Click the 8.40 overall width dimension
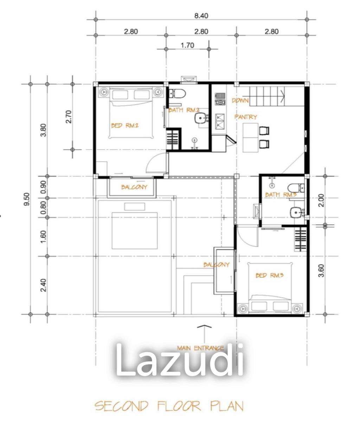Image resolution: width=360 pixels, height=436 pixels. pos(201,15)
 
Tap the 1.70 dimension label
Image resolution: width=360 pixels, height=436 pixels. pos(187,45)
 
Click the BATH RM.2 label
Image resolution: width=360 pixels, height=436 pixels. pos(184,110)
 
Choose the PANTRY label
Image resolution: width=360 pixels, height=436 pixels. pos(246,117)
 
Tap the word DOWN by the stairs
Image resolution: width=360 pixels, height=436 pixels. pos(240,100)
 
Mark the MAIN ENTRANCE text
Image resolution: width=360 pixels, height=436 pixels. pos(200,348)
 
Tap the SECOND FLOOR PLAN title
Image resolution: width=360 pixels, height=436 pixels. pos(169,406)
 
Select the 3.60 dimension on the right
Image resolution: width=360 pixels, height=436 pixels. pos(320,271)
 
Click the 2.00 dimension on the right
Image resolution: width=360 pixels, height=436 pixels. pos(320,200)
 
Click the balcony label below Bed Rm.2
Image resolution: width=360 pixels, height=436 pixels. pos(134,187)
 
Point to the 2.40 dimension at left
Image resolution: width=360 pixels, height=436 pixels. pos(43,285)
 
